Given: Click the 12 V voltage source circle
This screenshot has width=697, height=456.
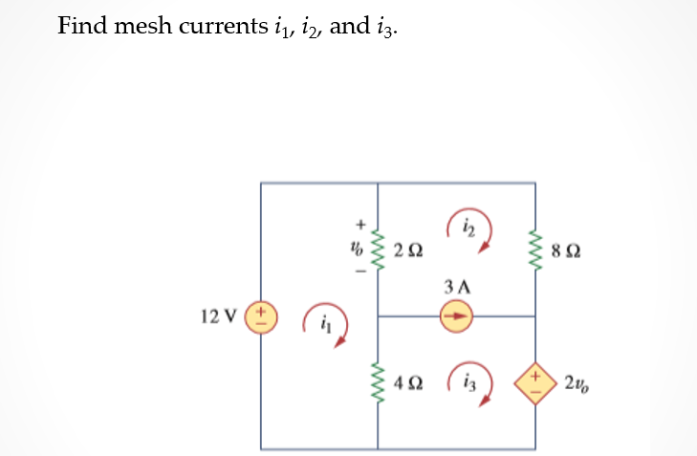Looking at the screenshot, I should (261, 315).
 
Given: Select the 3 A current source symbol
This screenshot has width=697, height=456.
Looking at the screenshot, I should (457, 315).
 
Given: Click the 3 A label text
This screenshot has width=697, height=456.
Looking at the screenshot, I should (457, 285).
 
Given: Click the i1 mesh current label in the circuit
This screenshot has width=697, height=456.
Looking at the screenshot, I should (326, 325).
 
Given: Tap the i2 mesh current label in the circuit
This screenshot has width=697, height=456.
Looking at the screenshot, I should (468, 227).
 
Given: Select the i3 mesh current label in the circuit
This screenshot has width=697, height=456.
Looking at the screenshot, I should (468, 382).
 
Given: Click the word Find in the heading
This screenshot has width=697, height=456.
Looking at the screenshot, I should (81, 25).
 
